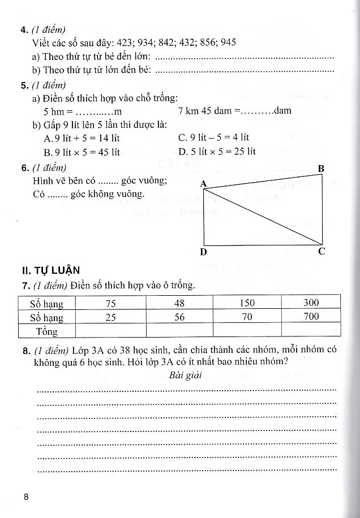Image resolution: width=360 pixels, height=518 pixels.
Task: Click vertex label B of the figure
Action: coord(321,168)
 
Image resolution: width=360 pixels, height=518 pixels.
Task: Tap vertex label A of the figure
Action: coord(204,182)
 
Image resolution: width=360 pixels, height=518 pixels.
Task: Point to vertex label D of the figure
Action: coord(204,252)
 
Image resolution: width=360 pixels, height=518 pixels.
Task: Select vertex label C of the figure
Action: coord(322,252)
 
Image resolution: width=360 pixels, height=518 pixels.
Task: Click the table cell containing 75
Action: coord(110,303)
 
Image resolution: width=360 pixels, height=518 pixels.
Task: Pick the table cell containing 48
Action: coord(179,303)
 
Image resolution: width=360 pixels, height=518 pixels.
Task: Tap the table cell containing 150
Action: coord(247,303)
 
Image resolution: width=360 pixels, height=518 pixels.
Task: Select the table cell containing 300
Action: coord(311,303)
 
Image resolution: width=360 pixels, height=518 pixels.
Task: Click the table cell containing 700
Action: coord(311,317)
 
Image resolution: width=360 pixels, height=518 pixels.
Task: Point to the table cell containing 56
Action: coord(179,317)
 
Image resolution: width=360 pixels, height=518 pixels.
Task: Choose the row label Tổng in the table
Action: coord(47,331)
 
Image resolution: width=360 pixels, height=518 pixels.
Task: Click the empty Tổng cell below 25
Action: coord(110,330)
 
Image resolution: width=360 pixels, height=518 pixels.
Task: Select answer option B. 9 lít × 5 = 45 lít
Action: coord(82,152)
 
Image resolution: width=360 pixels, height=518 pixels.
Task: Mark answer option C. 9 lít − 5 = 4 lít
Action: coord(213,137)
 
